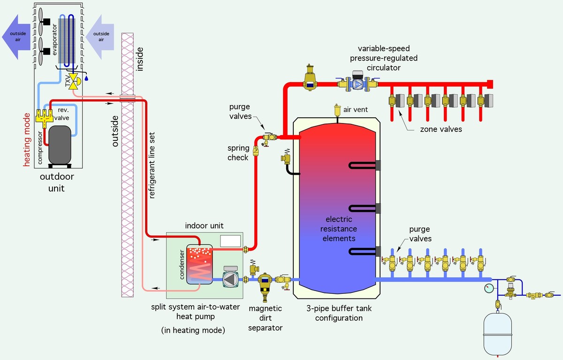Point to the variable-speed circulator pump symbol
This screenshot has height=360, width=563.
tap(358, 84)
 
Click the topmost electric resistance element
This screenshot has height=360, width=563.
tap(364, 165)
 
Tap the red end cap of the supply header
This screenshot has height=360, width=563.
tap(489, 84)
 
